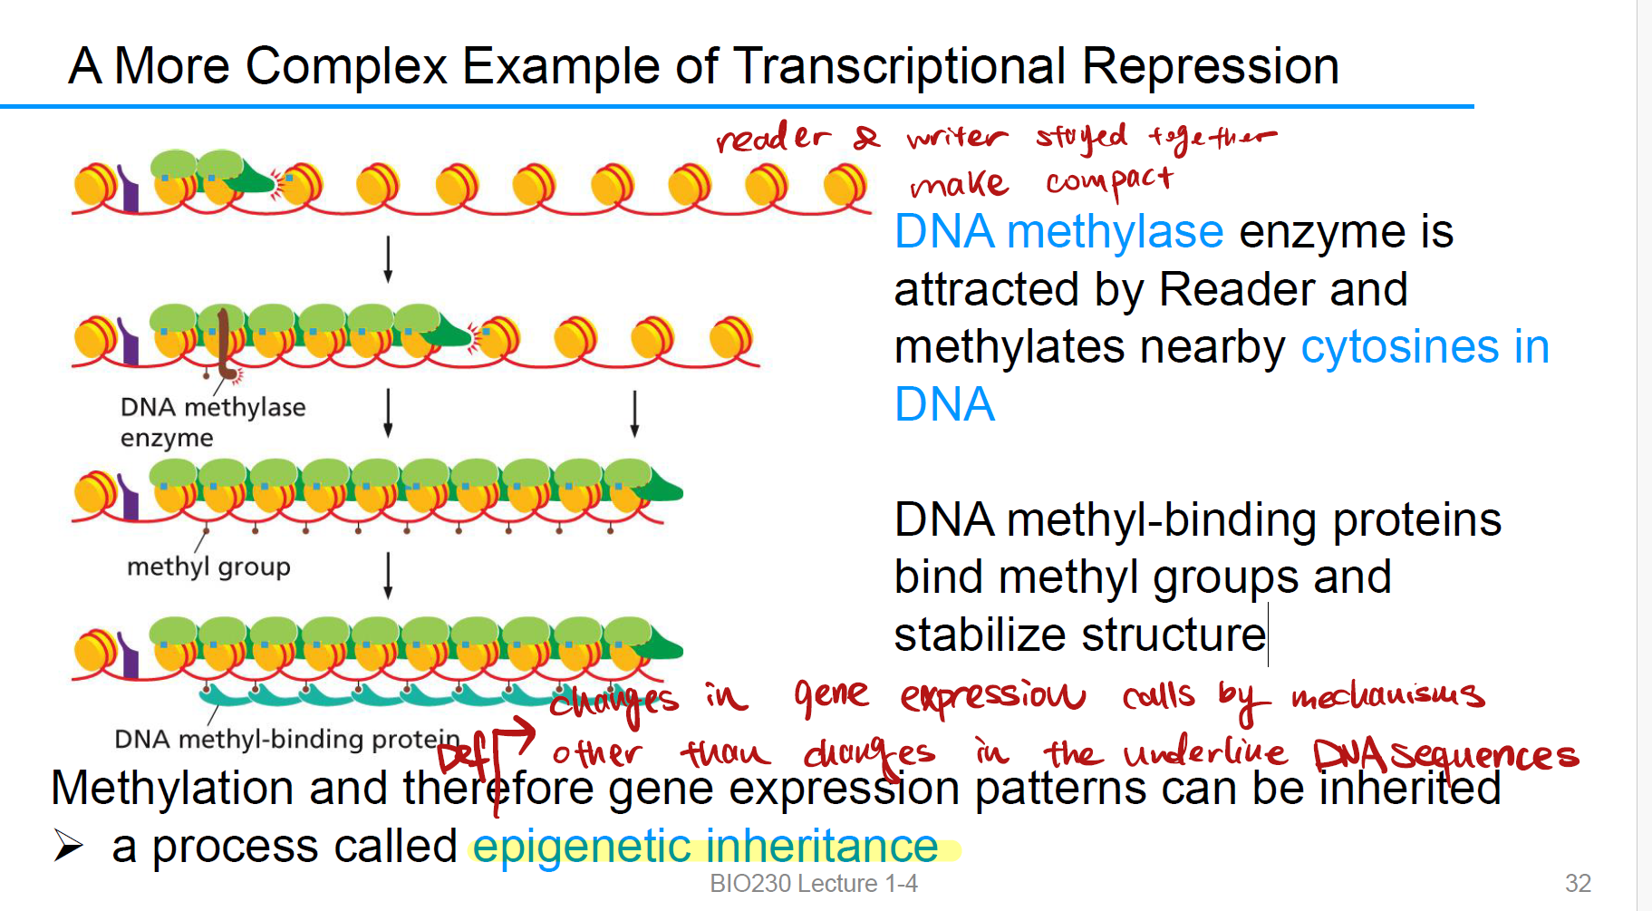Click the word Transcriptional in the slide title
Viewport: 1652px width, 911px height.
tap(901, 66)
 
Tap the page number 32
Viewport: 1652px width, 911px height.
tap(1578, 883)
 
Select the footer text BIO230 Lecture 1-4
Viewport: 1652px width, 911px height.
tap(813, 883)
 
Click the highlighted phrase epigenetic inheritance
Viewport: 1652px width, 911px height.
tap(705, 847)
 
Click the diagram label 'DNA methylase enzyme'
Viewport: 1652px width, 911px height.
tap(212, 422)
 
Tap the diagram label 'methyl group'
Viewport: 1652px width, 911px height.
tap(208, 567)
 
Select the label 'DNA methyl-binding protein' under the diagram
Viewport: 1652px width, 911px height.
tap(286, 739)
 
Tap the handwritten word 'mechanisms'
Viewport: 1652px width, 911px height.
tap(1387, 696)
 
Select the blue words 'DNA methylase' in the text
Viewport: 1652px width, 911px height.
tap(1058, 232)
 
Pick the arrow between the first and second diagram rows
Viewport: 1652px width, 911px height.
tap(388, 259)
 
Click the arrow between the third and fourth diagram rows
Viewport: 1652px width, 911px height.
tap(388, 576)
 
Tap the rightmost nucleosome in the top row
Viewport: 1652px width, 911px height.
tap(845, 185)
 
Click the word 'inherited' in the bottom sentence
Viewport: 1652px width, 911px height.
tap(1409, 789)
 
